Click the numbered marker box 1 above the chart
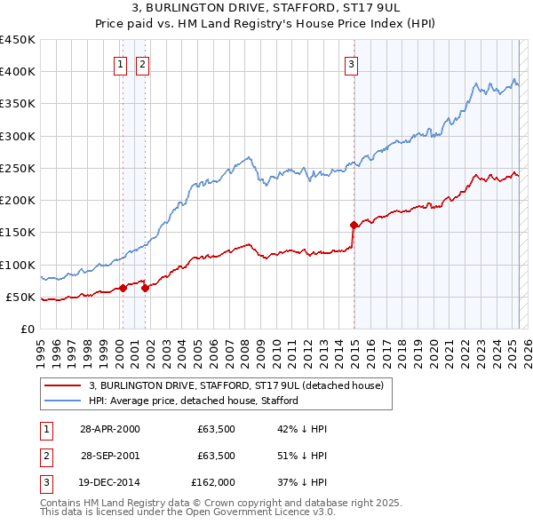pyautogui.click(x=120, y=63)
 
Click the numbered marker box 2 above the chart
pyautogui.click(x=142, y=63)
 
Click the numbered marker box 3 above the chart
pyautogui.click(x=352, y=63)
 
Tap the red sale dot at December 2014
pyautogui.click(x=354, y=225)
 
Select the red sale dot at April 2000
pyautogui.click(x=123, y=288)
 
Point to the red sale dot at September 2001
pyautogui.click(x=145, y=288)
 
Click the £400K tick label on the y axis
pyautogui.click(x=18, y=72)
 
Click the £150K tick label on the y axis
pyautogui.click(x=18, y=233)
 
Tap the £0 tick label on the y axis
pyautogui.click(x=28, y=329)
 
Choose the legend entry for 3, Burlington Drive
pyautogui.click(x=235, y=386)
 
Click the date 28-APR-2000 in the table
pyautogui.click(x=110, y=429)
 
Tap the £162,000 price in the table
pyautogui.click(x=212, y=482)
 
